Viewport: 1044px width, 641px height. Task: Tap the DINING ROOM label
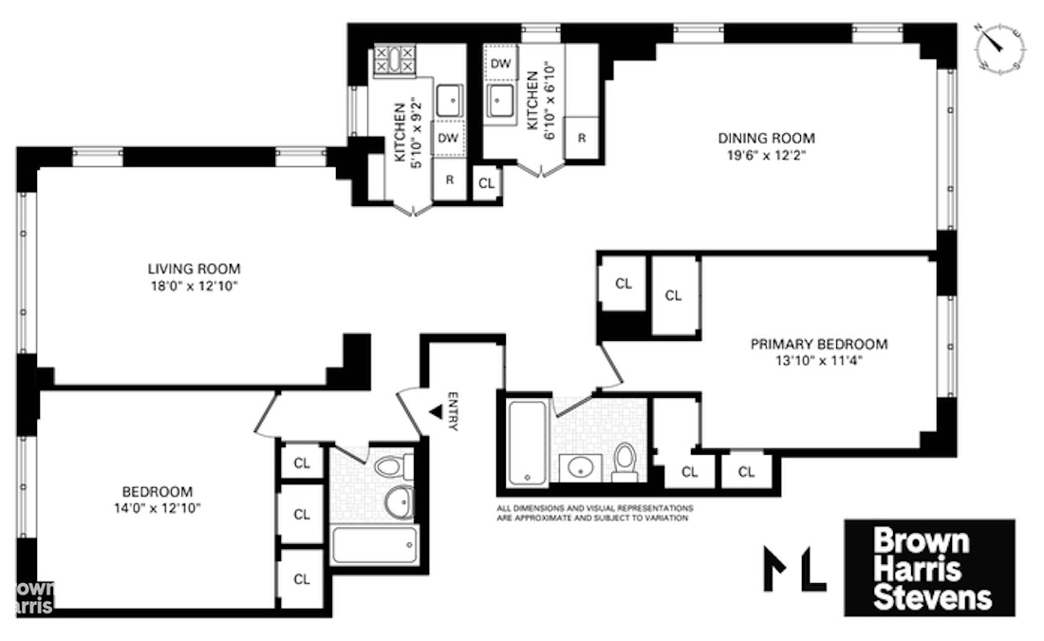(x=766, y=137)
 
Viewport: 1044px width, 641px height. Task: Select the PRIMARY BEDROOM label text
(x=819, y=344)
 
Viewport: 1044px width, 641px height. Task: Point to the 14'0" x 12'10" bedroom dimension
(x=158, y=508)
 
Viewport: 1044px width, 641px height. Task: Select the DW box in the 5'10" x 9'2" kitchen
(x=449, y=139)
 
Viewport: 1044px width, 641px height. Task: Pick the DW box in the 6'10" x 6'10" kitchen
(x=500, y=64)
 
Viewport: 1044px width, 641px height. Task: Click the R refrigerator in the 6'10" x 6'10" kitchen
(x=581, y=138)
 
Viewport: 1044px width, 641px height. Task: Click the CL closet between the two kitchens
(x=486, y=182)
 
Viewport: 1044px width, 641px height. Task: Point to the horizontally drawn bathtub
(x=374, y=545)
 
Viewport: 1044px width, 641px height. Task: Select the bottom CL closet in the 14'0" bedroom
(x=302, y=578)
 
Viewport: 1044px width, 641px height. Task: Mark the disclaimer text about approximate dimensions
(x=593, y=513)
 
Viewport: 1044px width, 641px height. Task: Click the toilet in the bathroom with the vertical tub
(x=625, y=460)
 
